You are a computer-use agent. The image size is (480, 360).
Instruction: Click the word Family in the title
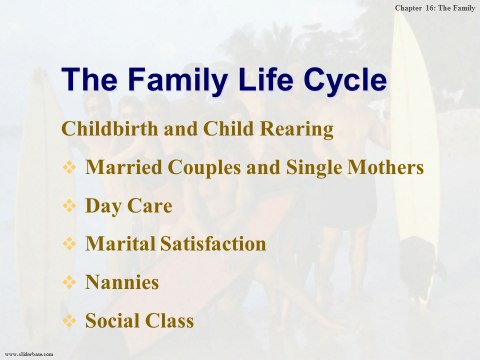coord(178,80)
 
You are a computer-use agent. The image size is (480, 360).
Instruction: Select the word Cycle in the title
coord(345,80)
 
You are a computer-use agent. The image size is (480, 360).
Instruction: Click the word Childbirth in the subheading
coord(110,128)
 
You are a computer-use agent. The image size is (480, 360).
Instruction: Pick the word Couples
coord(204,168)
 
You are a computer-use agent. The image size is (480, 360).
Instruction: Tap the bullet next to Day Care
coord(69,205)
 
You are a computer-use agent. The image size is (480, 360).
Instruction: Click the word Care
coord(149,205)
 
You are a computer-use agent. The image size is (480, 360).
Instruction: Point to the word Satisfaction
coord(213,244)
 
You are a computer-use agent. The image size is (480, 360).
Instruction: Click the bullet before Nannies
coord(69,282)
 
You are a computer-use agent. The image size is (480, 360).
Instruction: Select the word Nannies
coord(122,282)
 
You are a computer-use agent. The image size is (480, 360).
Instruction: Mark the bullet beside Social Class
coord(69,321)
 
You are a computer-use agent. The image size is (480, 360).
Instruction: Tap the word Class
coord(169,321)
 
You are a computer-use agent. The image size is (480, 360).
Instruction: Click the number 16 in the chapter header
coord(430,8)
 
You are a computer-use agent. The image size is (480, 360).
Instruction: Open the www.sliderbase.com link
coord(29,354)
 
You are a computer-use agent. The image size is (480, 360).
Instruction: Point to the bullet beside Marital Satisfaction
coord(69,244)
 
